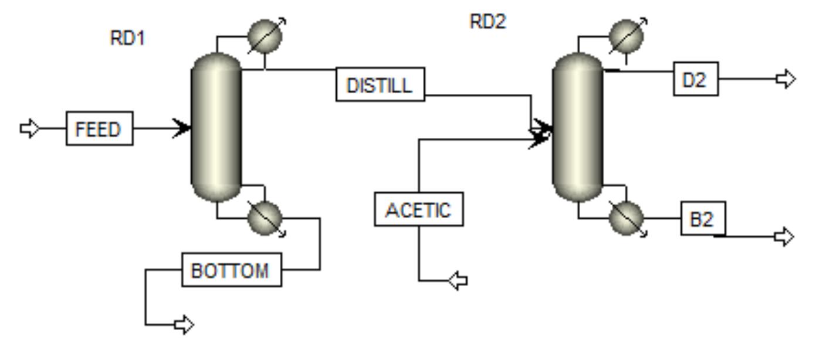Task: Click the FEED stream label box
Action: coord(99,128)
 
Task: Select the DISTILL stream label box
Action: coord(380,85)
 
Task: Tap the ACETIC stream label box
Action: coord(418,209)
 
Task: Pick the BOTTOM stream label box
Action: coord(231,270)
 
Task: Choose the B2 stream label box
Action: coord(702,219)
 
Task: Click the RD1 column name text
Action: coord(127,39)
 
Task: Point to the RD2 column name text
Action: coord(487,22)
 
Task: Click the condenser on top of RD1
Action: coord(265,36)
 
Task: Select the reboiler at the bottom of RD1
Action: coord(265,218)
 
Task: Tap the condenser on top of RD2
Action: coord(626,36)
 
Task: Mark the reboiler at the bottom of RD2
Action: coord(626,218)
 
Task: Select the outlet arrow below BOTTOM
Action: coord(184,324)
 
